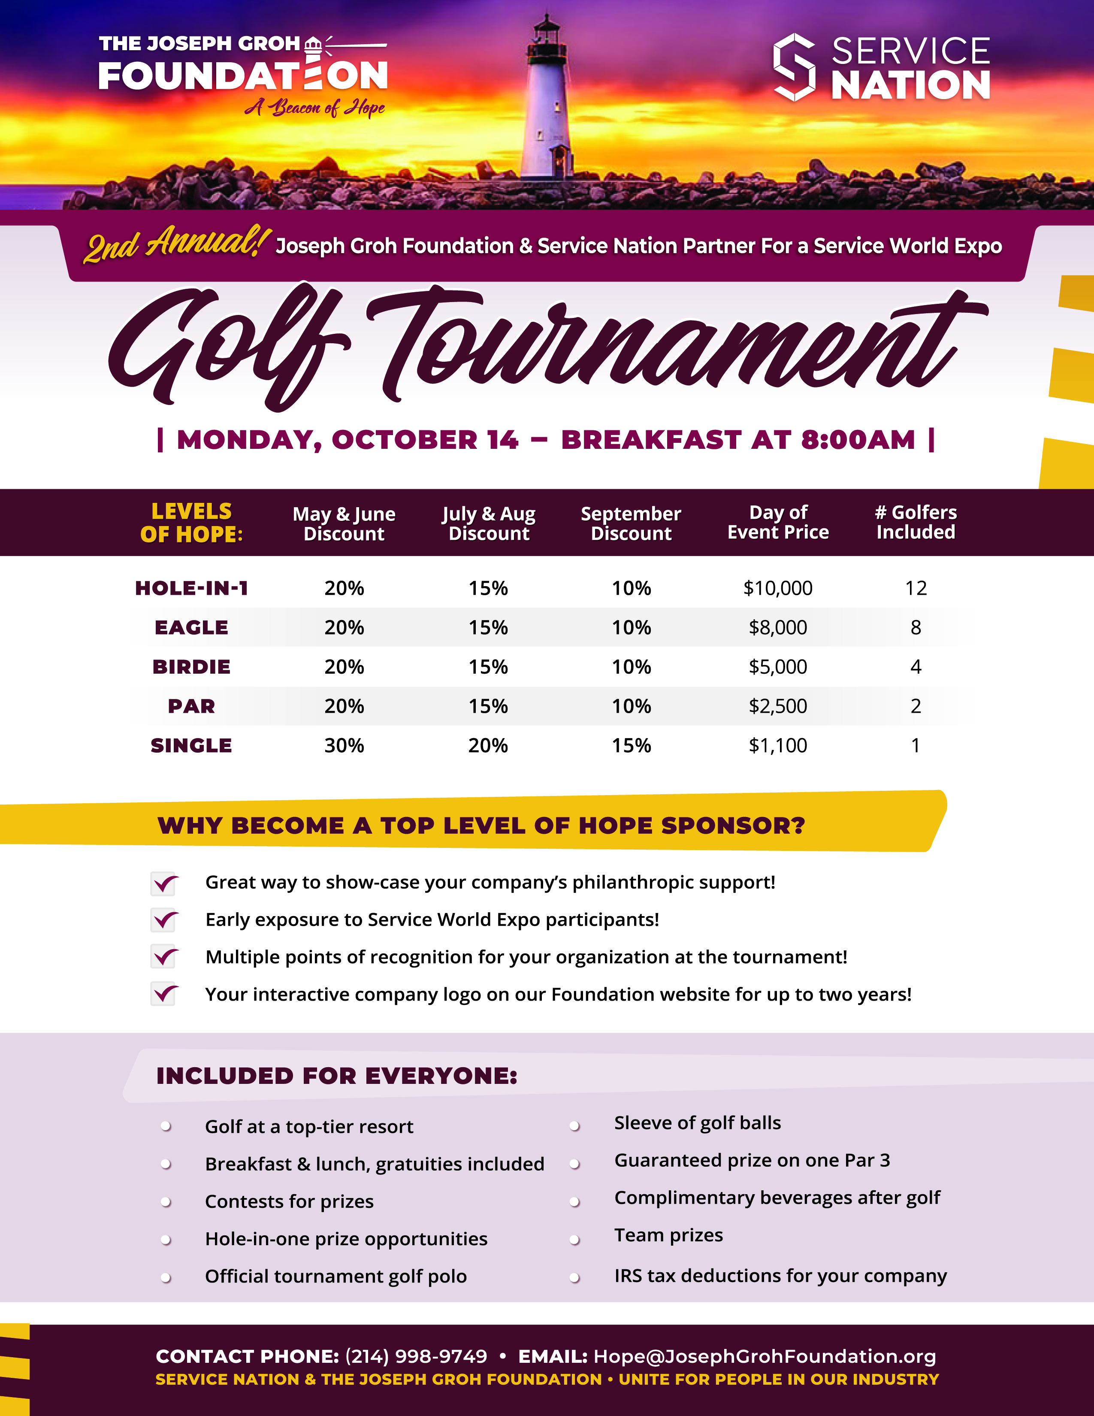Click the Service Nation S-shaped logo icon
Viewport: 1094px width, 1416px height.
click(794, 67)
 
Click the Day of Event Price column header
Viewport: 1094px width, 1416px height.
click(778, 523)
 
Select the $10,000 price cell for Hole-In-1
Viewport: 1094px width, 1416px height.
click(778, 588)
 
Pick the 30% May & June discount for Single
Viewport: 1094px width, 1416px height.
click(344, 746)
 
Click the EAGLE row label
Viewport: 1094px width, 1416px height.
click(191, 628)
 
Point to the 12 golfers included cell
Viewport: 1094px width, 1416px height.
click(916, 588)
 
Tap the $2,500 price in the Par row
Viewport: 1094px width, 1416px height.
click(778, 706)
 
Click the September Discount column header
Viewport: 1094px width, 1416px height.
click(631, 523)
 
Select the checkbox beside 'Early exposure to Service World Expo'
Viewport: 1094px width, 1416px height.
click(163, 920)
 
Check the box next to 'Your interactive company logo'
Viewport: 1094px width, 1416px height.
click(163, 995)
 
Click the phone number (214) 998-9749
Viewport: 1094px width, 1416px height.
click(416, 1356)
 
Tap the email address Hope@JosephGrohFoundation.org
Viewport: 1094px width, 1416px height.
click(765, 1356)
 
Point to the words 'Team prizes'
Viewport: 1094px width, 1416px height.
click(668, 1235)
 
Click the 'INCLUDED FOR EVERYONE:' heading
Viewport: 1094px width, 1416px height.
click(336, 1076)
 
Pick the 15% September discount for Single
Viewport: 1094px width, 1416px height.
click(631, 746)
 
